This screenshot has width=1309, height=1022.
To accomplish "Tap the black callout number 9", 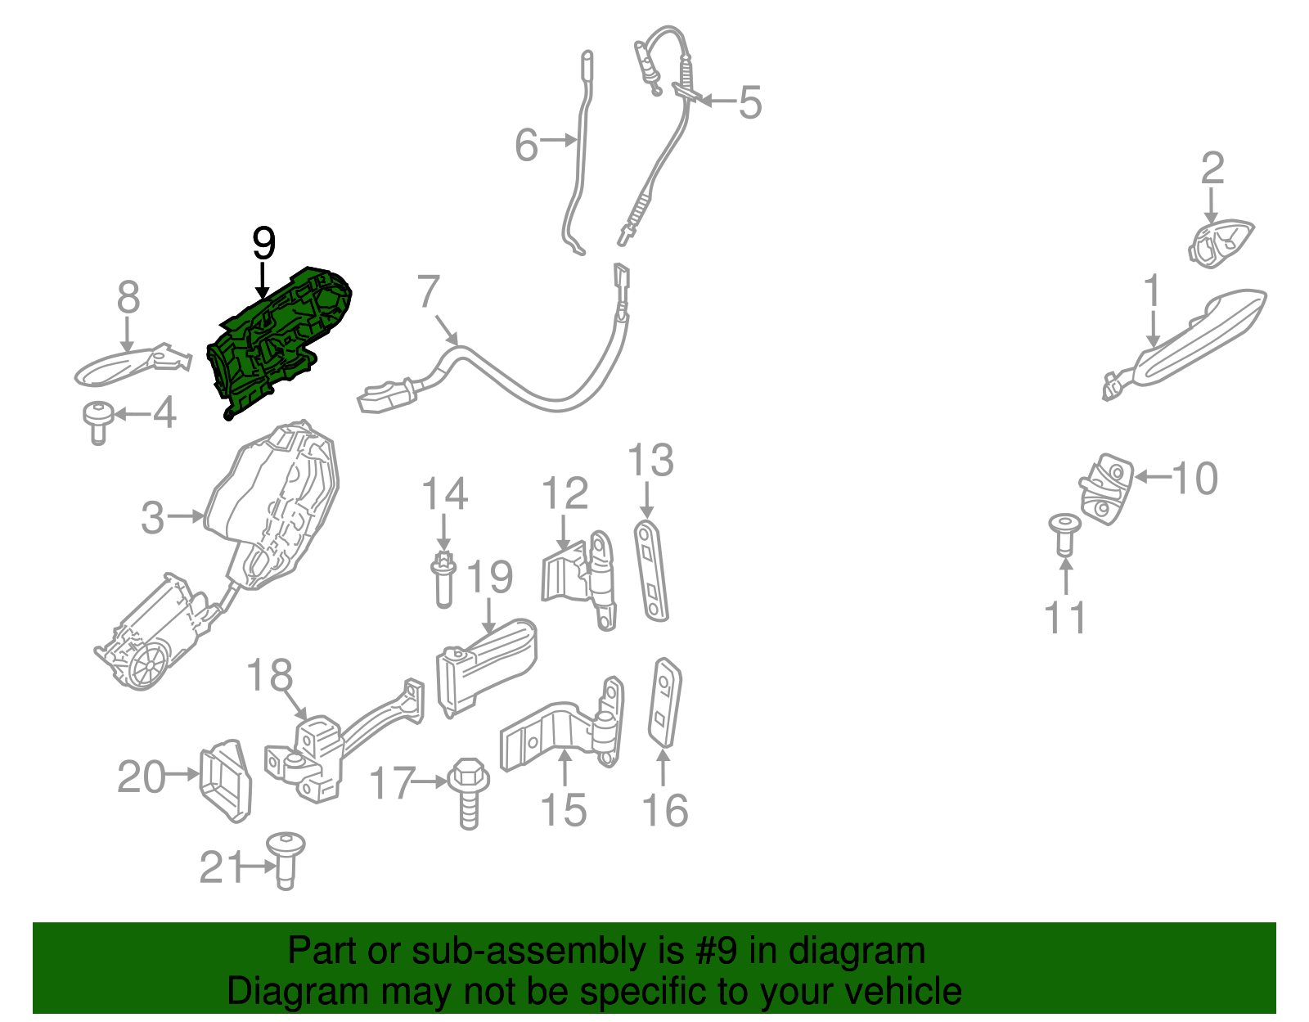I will point(263,243).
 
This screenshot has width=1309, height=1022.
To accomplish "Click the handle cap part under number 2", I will point(1219,243).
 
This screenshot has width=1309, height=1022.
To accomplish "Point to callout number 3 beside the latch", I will point(153,518).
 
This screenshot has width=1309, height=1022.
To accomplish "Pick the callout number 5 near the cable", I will point(749,103).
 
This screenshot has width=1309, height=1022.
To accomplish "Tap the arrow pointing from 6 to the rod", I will point(560,141).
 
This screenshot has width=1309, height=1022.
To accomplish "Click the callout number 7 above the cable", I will point(430,292).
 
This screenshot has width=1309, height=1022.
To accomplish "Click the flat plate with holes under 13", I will point(651,570).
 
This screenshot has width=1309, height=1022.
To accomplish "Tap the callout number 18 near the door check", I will point(269,675).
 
